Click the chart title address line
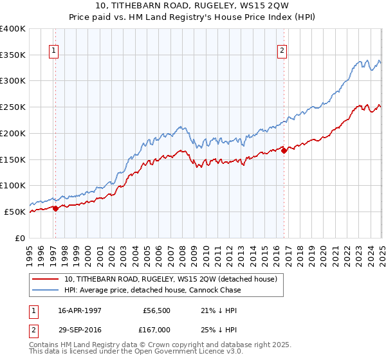point(193,6)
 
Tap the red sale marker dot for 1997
point(56,208)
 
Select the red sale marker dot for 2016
point(284,150)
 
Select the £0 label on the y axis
point(19,238)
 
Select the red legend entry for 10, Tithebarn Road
point(170,279)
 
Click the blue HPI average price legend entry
point(152,290)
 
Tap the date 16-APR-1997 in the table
point(79,310)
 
